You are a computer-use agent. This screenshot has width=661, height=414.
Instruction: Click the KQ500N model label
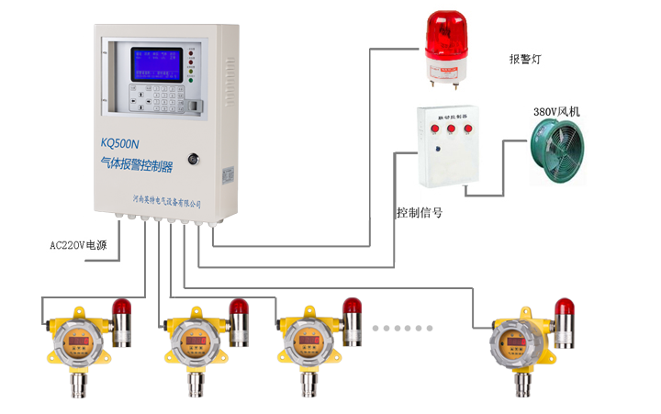(x=119, y=143)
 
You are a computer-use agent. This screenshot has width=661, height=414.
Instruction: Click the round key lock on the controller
(x=194, y=158)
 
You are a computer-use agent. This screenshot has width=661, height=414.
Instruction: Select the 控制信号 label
(x=419, y=212)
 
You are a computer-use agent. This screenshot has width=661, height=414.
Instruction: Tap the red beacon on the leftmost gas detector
(x=121, y=308)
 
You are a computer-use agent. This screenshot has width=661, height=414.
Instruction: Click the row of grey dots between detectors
(x=407, y=328)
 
